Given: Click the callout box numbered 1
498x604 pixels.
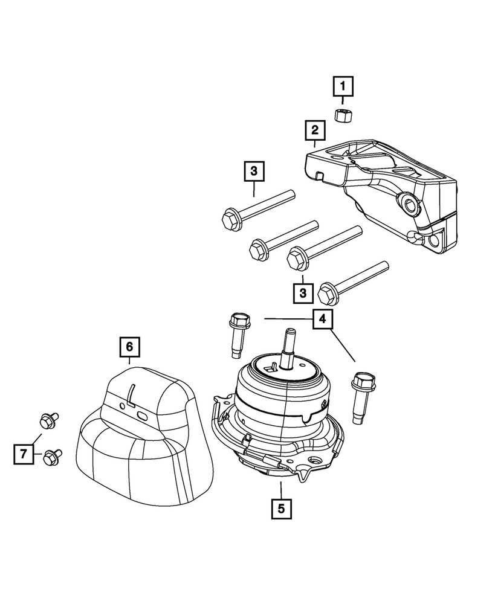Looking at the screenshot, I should pyautogui.click(x=342, y=88).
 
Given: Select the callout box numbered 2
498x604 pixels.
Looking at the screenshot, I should pyautogui.click(x=314, y=130).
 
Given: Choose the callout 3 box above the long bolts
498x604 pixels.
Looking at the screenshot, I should pyautogui.click(x=254, y=171).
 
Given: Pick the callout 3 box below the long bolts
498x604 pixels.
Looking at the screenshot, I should pyautogui.click(x=303, y=293).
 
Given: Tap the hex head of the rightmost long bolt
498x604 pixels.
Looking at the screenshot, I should pyautogui.click(x=327, y=294).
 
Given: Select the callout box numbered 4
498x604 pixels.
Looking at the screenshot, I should pyautogui.click(x=322, y=318).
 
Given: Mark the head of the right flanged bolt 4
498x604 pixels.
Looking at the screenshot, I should pyautogui.click(x=363, y=381).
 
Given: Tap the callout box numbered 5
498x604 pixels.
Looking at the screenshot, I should pyautogui.click(x=281, y=508).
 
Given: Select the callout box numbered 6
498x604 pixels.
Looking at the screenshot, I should pyautogui.click(x=129, y=347).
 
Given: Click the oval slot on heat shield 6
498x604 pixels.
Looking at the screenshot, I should pyautogui.click(x=143, y=416).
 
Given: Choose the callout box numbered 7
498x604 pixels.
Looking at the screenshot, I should pyautogui.click(x=23, y=452).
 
